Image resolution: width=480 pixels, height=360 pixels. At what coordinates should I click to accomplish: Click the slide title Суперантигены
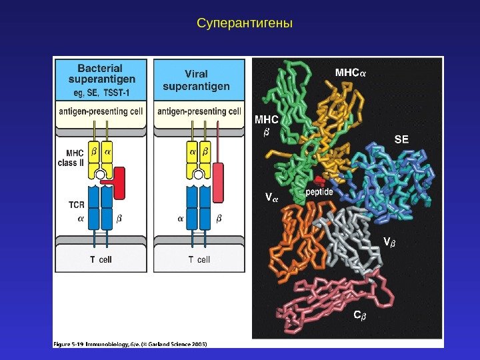[x=245, y=24]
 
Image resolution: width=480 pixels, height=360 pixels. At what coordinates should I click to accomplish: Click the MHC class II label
[x=71, y=157]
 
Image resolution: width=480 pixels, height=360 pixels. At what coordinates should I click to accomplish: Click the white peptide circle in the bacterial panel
[x=100, y=175]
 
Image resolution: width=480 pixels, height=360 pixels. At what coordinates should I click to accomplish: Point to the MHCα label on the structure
[x=350, y=71]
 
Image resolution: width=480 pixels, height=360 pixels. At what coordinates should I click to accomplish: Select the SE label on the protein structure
[x=401, y=140]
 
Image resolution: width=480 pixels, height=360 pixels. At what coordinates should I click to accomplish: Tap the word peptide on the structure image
[x=319, y=192]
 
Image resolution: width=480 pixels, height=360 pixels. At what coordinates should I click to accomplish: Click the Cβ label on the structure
[x=359, y=315]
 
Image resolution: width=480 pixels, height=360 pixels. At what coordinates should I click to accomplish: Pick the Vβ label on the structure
[x=388, y=241]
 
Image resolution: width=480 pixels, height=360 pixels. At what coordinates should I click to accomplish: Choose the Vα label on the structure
[x=271, y=197]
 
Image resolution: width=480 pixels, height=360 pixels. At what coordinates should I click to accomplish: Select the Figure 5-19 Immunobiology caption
[x=130, y=344]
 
